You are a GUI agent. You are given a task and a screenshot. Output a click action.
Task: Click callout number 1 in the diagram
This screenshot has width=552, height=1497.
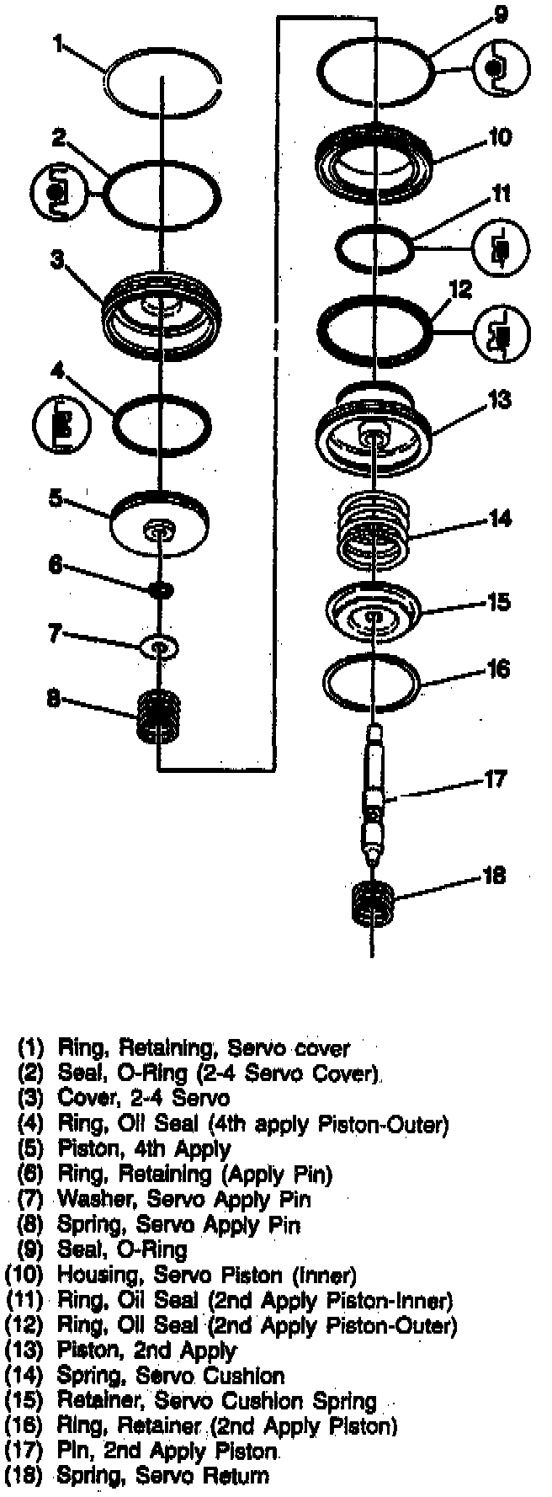point(58,43)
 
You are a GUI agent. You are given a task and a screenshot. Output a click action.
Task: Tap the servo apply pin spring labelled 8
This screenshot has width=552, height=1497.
point(159,716)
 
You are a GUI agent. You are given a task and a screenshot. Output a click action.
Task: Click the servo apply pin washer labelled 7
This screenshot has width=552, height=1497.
point(159,646)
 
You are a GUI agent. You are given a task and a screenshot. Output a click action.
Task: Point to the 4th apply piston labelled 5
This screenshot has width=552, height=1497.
point(159,524)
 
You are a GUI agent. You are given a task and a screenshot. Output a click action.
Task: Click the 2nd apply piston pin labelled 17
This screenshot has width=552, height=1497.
point(373,796)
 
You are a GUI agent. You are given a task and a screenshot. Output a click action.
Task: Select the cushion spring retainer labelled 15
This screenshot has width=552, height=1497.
point(372,612)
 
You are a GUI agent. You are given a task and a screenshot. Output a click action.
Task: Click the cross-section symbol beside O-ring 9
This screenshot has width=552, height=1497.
point(501,71)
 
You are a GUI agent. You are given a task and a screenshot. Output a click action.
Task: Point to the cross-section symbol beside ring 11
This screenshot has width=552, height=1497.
point(501,248)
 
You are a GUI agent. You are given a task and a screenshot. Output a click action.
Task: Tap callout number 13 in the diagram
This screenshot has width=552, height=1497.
point(500,399)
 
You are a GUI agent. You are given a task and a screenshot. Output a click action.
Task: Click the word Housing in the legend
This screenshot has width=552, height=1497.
point(93,1276)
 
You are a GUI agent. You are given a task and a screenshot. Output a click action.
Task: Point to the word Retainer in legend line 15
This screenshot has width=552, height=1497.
point(93,1402)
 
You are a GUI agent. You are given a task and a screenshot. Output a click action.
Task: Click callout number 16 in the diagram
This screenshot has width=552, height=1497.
point(499,669)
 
